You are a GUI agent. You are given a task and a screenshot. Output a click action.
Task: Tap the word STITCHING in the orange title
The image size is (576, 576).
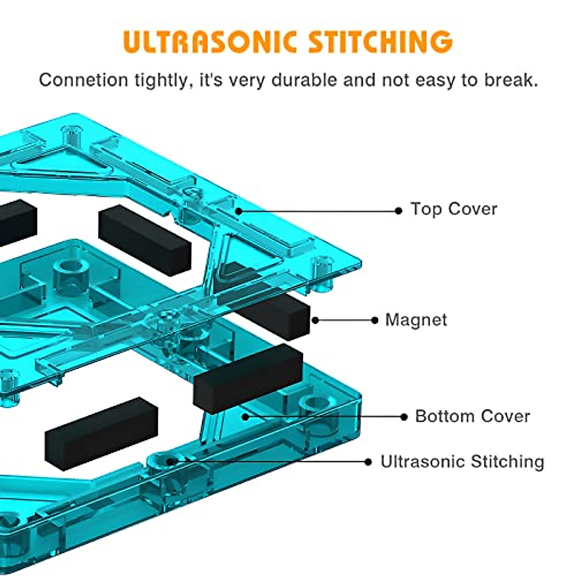(380, 42)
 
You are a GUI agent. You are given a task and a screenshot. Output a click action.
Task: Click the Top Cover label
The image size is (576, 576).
(454, 209)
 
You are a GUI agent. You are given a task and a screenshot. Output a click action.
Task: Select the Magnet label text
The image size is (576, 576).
(416, 320)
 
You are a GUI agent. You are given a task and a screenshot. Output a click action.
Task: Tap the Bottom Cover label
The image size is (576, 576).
(472, 416)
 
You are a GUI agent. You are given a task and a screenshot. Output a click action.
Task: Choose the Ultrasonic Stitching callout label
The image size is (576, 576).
(462, 462)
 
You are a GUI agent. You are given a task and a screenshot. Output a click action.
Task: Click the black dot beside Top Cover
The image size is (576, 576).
(398, 211)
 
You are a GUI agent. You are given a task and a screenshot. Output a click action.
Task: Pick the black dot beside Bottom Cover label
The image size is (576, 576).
(404, 417)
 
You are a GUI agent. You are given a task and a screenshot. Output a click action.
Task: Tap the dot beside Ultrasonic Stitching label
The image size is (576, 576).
(368, 462)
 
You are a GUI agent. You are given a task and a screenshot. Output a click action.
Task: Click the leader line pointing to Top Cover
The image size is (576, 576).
(317, 211)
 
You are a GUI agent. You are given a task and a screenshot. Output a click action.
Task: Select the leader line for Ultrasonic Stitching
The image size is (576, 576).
(269, 461)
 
